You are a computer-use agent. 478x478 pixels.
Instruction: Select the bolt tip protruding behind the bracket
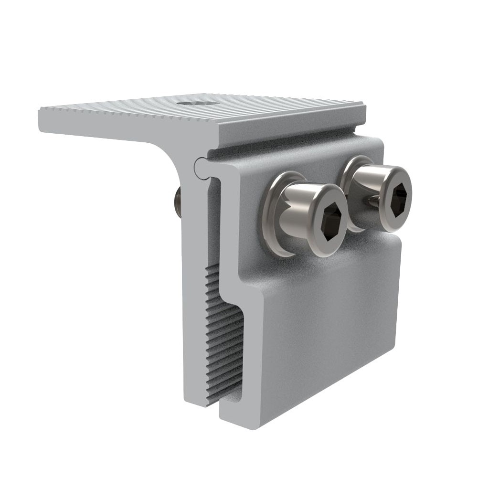pyautogui.click(x=177, y=201)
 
